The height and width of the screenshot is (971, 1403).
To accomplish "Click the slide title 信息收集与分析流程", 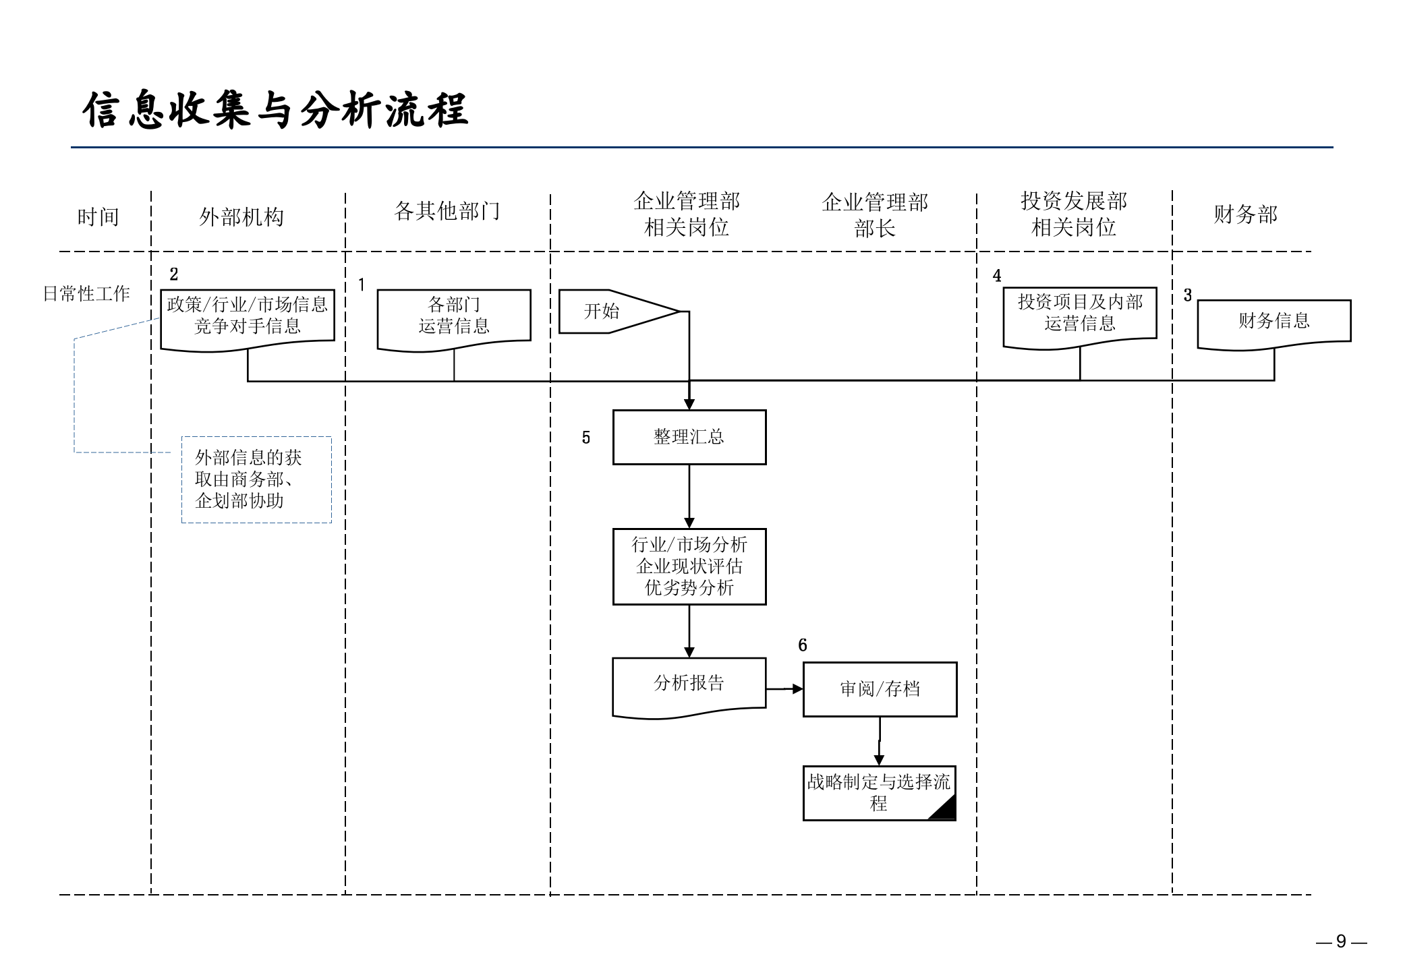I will (x=275, y=110).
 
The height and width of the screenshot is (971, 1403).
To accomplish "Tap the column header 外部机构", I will (x=241, y=217).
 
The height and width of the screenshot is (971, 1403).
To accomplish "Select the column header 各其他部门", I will (x=447, y=211).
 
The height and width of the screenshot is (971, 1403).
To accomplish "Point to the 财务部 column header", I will (x=1245, y=214).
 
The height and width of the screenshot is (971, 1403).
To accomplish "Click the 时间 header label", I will (x=98, y=217).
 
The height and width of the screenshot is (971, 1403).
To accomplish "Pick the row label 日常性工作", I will (x=86, y=294).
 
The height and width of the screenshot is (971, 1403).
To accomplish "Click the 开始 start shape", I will (x=607, y=312).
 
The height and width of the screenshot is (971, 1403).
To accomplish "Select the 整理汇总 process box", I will (x=689, y=437).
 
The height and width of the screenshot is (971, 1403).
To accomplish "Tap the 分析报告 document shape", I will (x=689, y=685).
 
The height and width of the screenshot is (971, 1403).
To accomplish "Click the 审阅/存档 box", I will (x=880, y=689).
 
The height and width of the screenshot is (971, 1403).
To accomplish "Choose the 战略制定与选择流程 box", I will (x=879, y=793).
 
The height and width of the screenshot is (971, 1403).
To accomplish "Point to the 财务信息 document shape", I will (x=1273, y=322).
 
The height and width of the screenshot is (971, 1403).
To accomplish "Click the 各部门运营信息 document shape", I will (x=454, y=316).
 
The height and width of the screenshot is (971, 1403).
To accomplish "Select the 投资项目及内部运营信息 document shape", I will (x=1079, y=314).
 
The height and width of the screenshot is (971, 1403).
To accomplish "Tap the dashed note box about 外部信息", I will (x=256, y=479).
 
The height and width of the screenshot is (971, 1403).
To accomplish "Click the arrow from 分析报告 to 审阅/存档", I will (x=784, y=689).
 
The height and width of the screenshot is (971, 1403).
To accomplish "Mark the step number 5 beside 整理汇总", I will (x=586, y=438).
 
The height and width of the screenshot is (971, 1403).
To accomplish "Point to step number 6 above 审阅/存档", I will (x=803, y=645).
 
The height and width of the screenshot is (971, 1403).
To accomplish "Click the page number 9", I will (x=1341, y=941).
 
